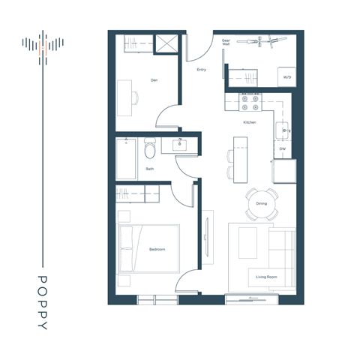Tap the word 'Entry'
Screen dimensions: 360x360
click(201, 70)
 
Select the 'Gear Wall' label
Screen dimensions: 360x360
click(226, 43)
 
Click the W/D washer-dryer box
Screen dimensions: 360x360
click(286, 77)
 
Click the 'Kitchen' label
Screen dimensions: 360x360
click(249, 121)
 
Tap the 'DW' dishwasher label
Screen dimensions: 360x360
click(282, 148)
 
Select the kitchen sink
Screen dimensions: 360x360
click(284, 130)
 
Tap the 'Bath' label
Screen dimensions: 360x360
click(150, 169)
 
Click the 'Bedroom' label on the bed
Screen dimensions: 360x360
click(157, 249)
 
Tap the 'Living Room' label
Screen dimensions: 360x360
click(266, 277)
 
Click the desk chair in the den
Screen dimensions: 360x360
click(136, 97)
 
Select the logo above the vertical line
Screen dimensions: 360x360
click(42, 46)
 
